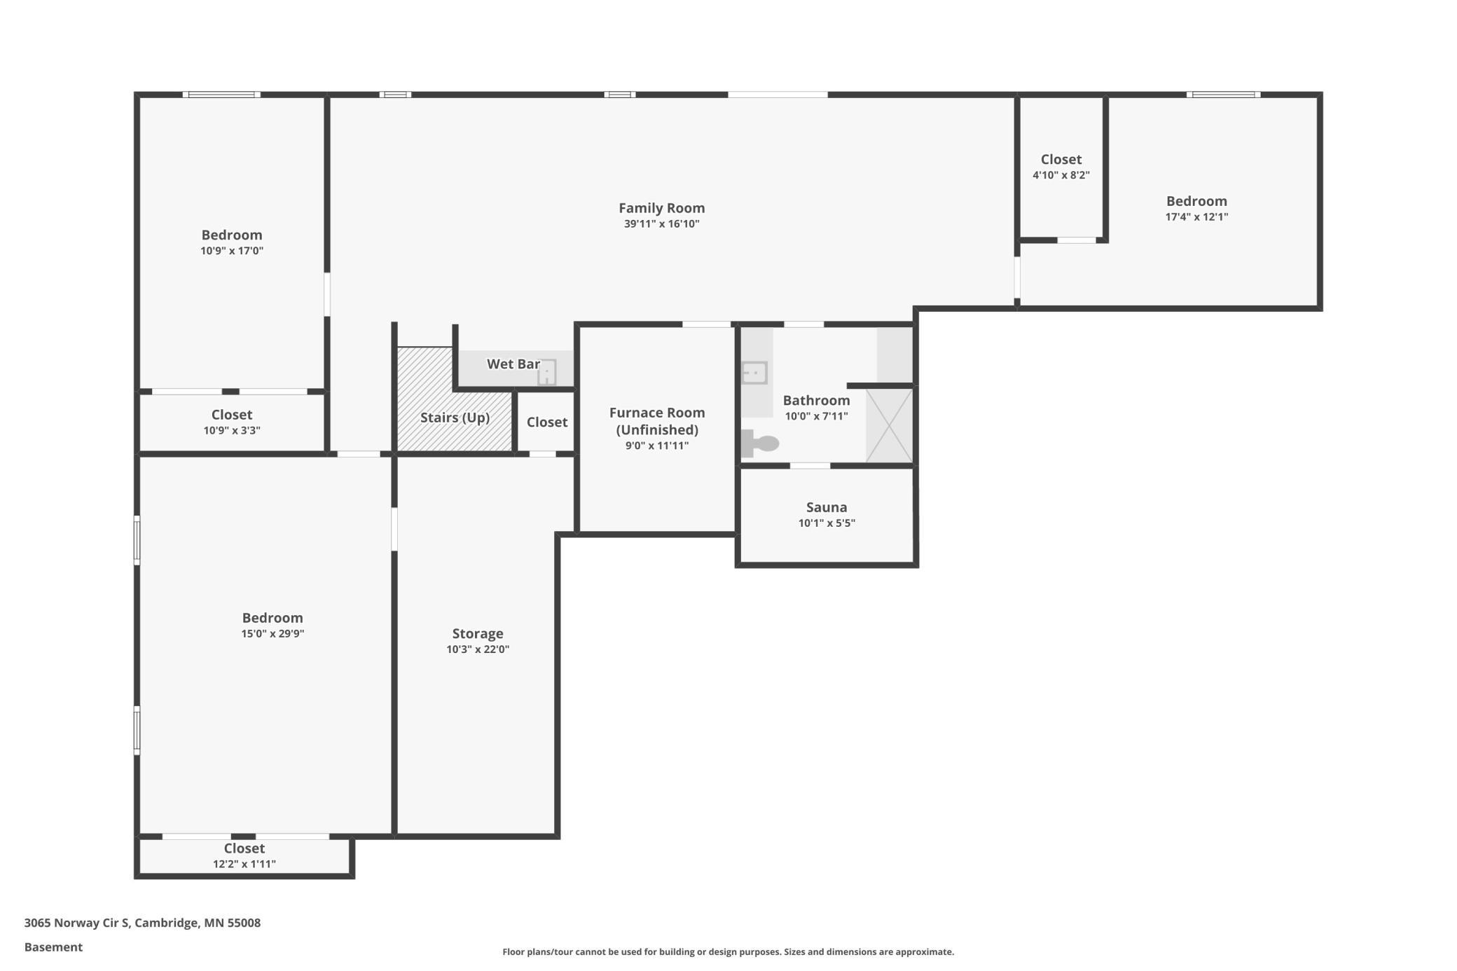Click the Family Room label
point(661,208)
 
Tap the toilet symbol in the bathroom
point(760,443)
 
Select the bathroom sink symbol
point(754,373)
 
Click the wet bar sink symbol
point(547,372)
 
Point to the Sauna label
point(827,507)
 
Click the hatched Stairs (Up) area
point(454,399)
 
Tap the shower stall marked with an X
point(890,425)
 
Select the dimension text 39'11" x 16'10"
point(662,224)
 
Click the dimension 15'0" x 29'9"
point(272,634)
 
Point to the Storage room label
point(478,634)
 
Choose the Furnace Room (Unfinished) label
point(657,421)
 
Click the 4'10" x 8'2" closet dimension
point(1061,175)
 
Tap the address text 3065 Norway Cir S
point(77,923)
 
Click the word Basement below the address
point(53,947)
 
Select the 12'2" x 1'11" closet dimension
point(244,865)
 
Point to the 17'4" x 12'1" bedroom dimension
point(1196,217)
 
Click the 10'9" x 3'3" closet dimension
point(232,431)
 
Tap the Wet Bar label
point(513,364)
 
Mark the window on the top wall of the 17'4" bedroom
point(1223,95)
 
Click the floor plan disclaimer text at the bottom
point(728,951)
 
